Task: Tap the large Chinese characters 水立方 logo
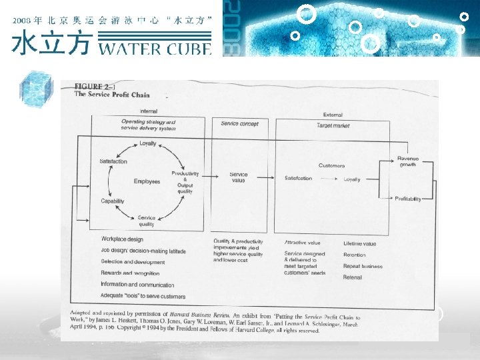[52, 43]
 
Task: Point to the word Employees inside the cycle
[147, 181]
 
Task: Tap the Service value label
[239, 177]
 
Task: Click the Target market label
[332, 125]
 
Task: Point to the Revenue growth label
[408, 161]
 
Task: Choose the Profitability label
[407, 199]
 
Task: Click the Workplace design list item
[122, 240]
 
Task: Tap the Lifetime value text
[359, 244]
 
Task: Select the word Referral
[353, 277]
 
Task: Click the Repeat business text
[363, 266]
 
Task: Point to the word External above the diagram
[332, 115]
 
